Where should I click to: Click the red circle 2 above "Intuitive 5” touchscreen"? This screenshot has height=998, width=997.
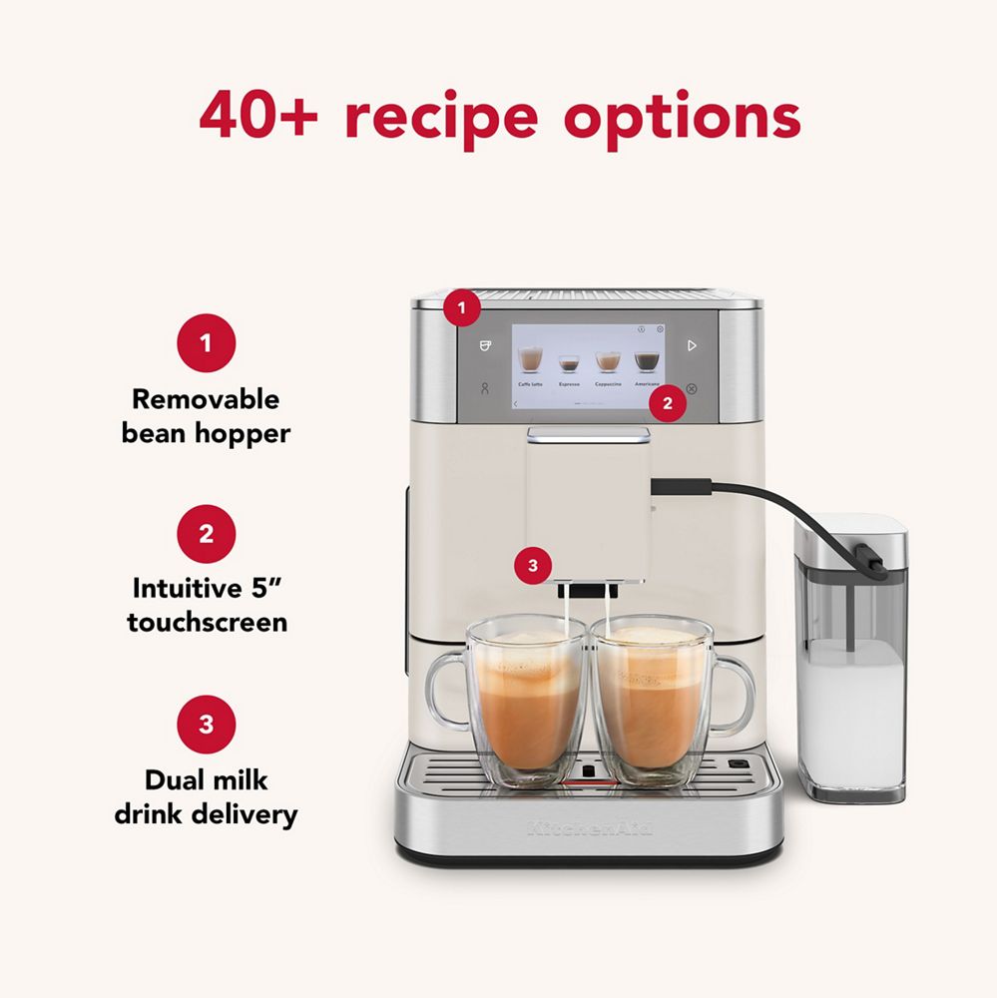coord(206,534)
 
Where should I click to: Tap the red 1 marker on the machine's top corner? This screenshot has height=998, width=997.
coord(461,308)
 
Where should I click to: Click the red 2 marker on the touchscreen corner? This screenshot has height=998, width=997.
coord(668,404)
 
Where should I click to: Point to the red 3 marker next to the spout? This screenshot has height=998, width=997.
coord(532,566)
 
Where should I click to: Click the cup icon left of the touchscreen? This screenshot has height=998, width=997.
coord(485,345)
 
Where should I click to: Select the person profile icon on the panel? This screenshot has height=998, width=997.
coord(485,389)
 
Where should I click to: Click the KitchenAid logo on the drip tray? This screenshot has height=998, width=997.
coord(589,827)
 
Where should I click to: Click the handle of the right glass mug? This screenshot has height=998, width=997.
coord(740,694)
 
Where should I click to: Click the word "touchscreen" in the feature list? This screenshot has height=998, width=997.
coord(207,623)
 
